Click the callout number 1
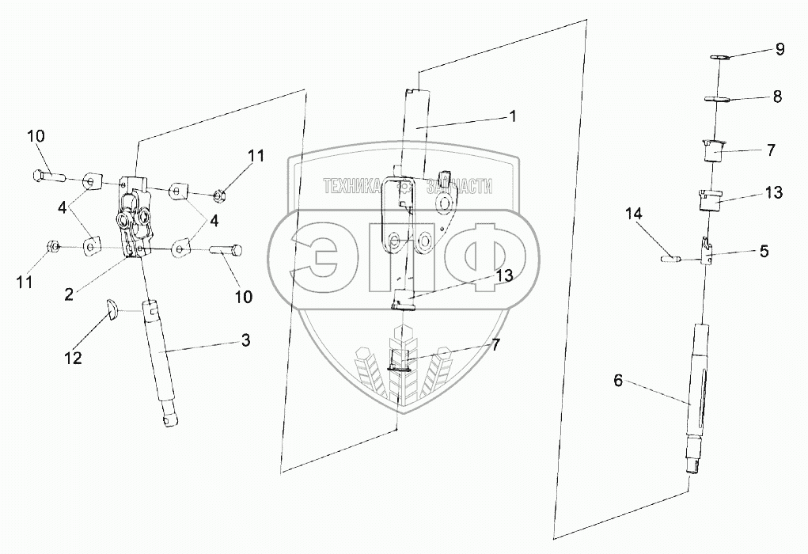[513, 116]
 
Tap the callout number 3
[245, 341]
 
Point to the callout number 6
[619, 381]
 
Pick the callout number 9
[780, 50]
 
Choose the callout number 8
[777, 97]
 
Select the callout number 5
[764, 251]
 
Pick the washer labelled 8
[717, 99]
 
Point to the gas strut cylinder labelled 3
[158, 356]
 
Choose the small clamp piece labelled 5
[707, 252]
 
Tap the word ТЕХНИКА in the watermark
[358, 187]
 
